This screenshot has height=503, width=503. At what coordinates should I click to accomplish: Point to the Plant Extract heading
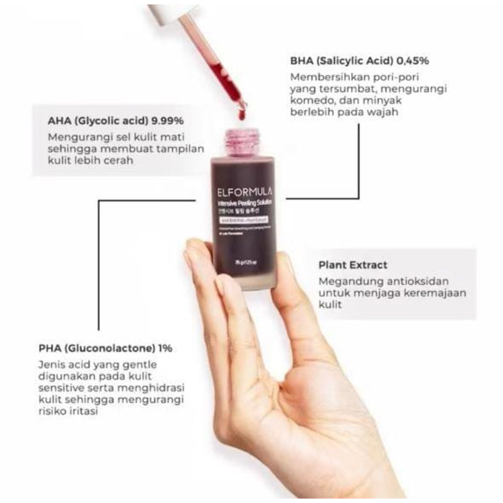click(353, 265)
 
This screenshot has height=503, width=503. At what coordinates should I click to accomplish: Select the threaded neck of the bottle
click(241, 140)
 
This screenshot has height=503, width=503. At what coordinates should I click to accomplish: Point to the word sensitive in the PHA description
click(59, 388)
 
